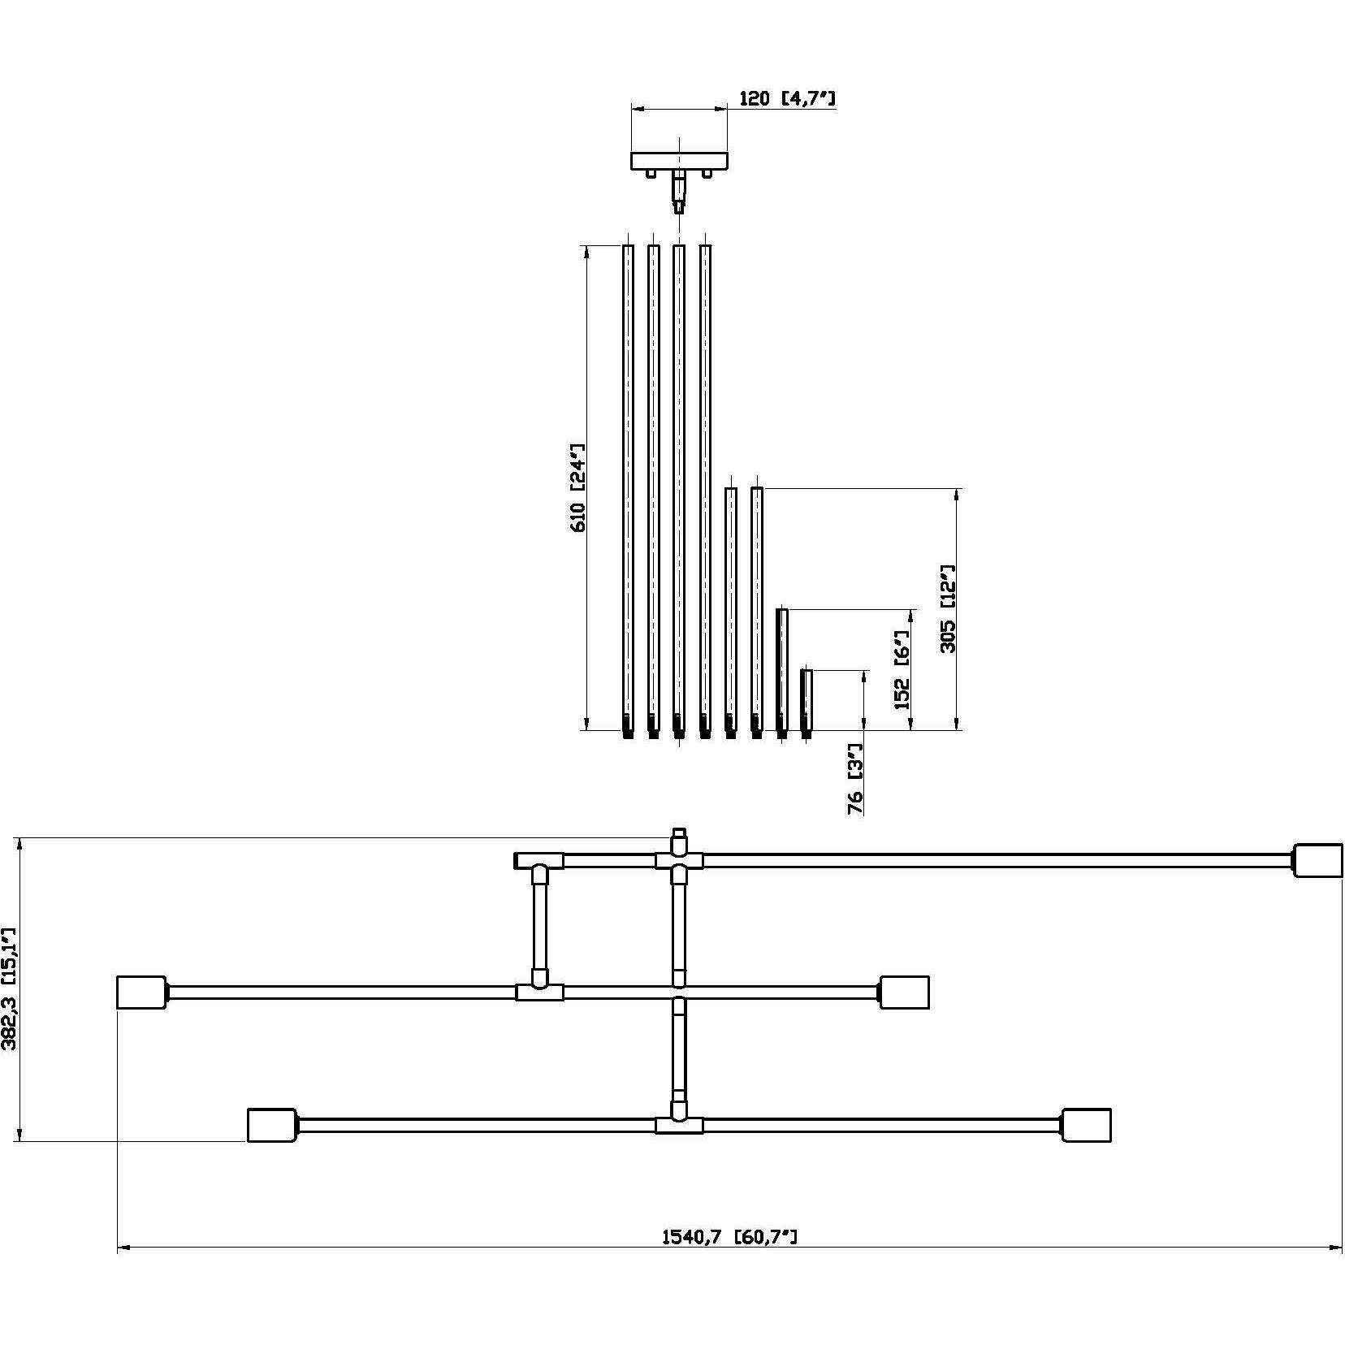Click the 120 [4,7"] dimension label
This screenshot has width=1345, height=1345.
pyautogui.click(x=786, y=99)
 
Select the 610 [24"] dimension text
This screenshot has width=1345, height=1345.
pyautogui.click(x=578, y=487)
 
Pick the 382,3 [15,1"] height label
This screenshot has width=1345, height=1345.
pyautogui.click(x=10, y=988)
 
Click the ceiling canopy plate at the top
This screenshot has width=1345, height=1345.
pyautogui.click(x=679, y=160)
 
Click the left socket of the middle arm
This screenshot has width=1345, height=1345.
pyautogui.click(x=141, y=992)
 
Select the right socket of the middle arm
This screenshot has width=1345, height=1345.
pyautogui.click(x=904, y=992)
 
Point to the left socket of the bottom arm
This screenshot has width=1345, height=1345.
pyautogui.click(x=271, y=1125)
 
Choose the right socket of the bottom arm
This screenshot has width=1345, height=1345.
pyautogui.click(x=1086, y=1125)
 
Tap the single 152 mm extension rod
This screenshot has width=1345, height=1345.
pyautogui.click(x=781, y=671)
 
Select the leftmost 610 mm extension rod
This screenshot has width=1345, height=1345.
pyautogui.click(x=628, y=487)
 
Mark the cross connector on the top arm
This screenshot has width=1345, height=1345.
pyautogui.click(x=679, y=859)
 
